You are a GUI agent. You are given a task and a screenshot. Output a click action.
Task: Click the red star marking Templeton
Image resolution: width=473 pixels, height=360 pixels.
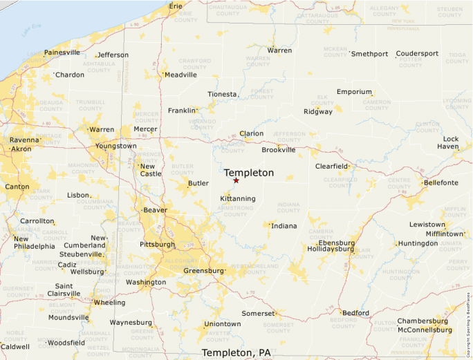coord(236,180)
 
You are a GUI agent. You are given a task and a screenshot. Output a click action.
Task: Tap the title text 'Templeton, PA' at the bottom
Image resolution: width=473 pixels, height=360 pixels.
coord(236,352)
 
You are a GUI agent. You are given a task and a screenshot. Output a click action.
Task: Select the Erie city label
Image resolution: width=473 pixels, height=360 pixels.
coord(176,6)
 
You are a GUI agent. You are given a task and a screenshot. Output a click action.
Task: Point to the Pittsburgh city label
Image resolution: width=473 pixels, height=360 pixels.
coord(157,245)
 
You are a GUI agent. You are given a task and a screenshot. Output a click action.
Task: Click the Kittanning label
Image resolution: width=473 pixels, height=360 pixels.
coord(237,199)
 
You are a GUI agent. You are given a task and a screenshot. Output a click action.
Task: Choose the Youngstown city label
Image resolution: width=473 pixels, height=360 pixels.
coord(116,146)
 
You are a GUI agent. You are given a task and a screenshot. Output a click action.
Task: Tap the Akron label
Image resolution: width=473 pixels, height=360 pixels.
coord(21,149)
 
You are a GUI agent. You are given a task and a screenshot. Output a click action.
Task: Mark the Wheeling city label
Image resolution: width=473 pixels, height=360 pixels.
coord(109,303)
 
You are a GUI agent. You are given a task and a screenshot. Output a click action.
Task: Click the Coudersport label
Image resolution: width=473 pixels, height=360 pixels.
coord(417,54)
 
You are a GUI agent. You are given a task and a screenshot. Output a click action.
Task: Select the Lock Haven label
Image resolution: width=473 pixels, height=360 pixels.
coord(451,142)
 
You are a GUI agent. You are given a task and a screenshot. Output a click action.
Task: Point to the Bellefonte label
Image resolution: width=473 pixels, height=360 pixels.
coord(440,182)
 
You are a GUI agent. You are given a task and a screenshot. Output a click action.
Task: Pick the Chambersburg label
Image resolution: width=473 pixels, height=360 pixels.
coord(423,321)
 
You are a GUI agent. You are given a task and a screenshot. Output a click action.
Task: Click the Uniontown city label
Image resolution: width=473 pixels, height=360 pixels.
coord(222,324)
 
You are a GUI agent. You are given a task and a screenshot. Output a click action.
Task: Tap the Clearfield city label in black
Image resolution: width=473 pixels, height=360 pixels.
coord(332,167)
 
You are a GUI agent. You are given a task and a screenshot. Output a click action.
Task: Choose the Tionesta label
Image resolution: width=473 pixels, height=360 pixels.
coord(223,95)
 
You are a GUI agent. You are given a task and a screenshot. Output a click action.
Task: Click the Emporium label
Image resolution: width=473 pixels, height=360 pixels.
coord(354,92)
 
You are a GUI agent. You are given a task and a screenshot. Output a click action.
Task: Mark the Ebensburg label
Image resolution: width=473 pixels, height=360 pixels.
coord(336,243)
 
